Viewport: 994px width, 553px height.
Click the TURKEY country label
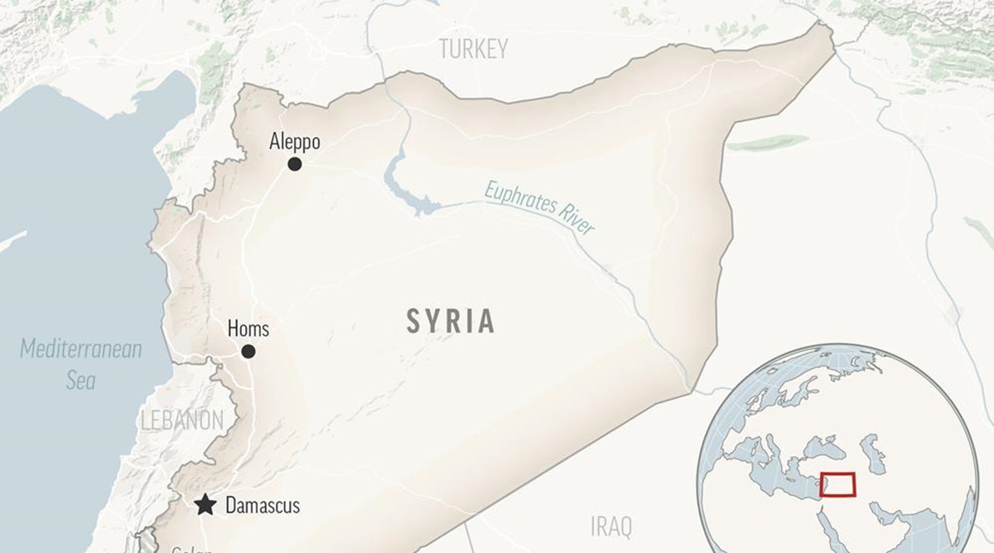pos(473,50)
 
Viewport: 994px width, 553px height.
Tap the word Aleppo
pos(295,143)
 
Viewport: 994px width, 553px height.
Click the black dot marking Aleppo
pos(294,164)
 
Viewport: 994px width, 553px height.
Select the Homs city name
pos(248,329)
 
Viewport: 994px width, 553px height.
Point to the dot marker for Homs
pos(248,352)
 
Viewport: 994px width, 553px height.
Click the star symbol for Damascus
pos(205,505)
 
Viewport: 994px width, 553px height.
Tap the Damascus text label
pos(263,506)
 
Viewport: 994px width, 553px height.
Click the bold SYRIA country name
pos(451,321)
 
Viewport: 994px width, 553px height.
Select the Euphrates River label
pos(540,206)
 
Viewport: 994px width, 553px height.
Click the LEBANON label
pos(181,420)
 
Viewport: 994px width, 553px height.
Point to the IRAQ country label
pos(611,526)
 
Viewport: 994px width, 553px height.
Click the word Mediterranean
pos(81,349)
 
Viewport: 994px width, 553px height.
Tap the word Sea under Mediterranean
pos(81,381)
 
